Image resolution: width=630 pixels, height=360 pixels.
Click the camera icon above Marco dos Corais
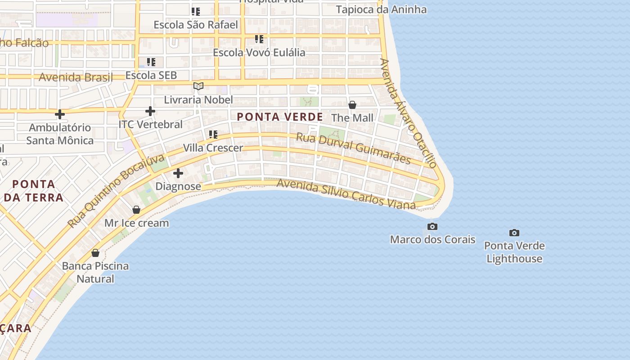tap(432, 226)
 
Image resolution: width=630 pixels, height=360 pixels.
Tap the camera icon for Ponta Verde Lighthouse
tap(514, 233)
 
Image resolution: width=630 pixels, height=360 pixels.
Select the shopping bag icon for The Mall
tap(352, 105)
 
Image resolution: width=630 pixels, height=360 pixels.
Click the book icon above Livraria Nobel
tap(198, 86)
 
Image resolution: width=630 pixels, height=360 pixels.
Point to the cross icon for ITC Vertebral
tap(150, 111)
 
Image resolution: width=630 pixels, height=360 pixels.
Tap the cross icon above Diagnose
tap(178, 173)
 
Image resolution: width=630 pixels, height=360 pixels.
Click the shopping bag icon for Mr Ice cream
tap(136, 210)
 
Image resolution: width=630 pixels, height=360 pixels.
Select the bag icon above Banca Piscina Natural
tap(95, 253)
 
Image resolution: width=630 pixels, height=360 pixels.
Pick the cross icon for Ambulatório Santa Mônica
tap(60, 114)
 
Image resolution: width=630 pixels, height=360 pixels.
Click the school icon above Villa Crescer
tap(213, 134)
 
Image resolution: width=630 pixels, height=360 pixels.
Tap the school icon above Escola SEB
tap(151, 62)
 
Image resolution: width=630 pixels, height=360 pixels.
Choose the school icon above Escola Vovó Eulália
tap(259, 39)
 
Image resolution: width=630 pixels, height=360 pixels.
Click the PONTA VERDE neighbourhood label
tap(280, 117)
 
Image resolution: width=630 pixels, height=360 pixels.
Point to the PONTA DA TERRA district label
tap(34, 191)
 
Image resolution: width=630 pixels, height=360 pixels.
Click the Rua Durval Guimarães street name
tap(353, 148)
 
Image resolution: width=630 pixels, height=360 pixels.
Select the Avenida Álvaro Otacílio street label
tap(409, 113)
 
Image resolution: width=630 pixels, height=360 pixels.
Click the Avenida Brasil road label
tap(76, 77)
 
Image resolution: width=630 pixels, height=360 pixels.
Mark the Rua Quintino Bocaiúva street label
tap(116, 191)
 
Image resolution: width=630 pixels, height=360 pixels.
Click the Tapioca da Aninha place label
tap(381, 9)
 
